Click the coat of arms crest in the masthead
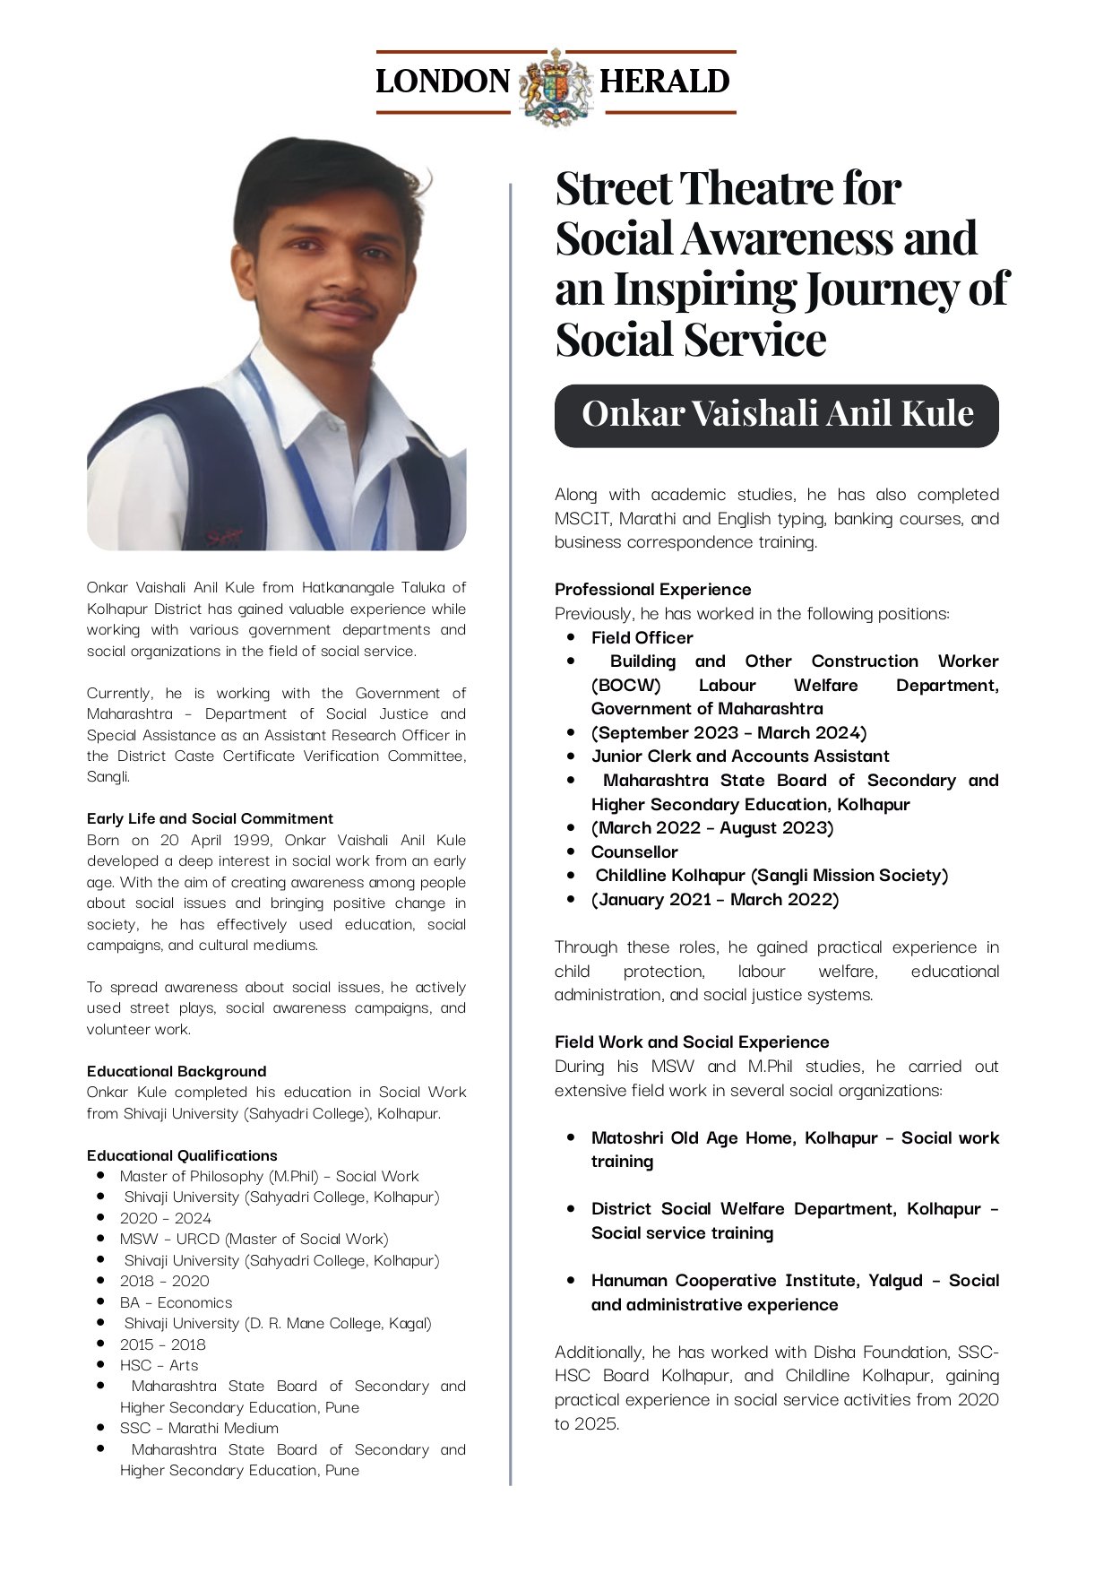tap(556, 84)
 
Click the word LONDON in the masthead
tap(443, 82)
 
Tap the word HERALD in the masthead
tap(664, 82)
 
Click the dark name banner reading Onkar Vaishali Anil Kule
tap(776, 415)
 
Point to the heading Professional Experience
tap(652, 589)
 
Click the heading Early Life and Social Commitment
tap(210, 818)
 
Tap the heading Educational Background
tap(177, 1071)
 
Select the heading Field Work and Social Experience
tap(692, 1041)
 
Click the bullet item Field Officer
tap(642, 637)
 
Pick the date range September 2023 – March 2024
tap(728, 732)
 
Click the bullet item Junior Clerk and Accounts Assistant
tap(739, 756)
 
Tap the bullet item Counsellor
tap(634, 851)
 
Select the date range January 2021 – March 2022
tap(715, 899)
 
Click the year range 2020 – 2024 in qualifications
tap(166, 1218)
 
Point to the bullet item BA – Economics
tap(176, 1302)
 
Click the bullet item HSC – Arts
tap(159, 1365)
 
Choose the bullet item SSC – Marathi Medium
tap(199, 1428)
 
